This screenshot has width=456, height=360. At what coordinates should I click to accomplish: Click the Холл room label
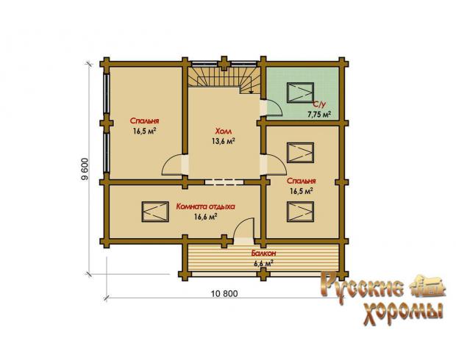[224, 132]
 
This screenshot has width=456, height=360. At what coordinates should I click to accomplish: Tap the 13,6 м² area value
[224, 141]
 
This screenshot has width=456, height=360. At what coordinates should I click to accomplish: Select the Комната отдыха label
[206, 207]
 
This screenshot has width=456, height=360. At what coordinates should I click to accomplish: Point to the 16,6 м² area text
[206, 217]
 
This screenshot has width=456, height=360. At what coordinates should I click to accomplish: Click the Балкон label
[263, 253]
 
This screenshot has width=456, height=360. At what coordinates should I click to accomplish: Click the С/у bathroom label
[318, 104]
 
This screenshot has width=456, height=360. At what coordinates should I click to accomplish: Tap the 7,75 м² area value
[319, 115]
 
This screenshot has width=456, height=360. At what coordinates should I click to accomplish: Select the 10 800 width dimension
[224, 294]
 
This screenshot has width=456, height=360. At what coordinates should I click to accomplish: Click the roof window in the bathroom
[300, 93]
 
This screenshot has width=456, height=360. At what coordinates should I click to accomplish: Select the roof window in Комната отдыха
[155, 212]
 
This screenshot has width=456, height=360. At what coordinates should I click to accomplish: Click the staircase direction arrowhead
[252, 92]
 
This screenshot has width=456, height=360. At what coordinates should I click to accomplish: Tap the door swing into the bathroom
[278, 105]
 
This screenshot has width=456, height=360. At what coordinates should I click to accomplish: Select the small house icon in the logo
[428, 286]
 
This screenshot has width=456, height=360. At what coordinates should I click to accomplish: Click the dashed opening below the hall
[224, 182]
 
